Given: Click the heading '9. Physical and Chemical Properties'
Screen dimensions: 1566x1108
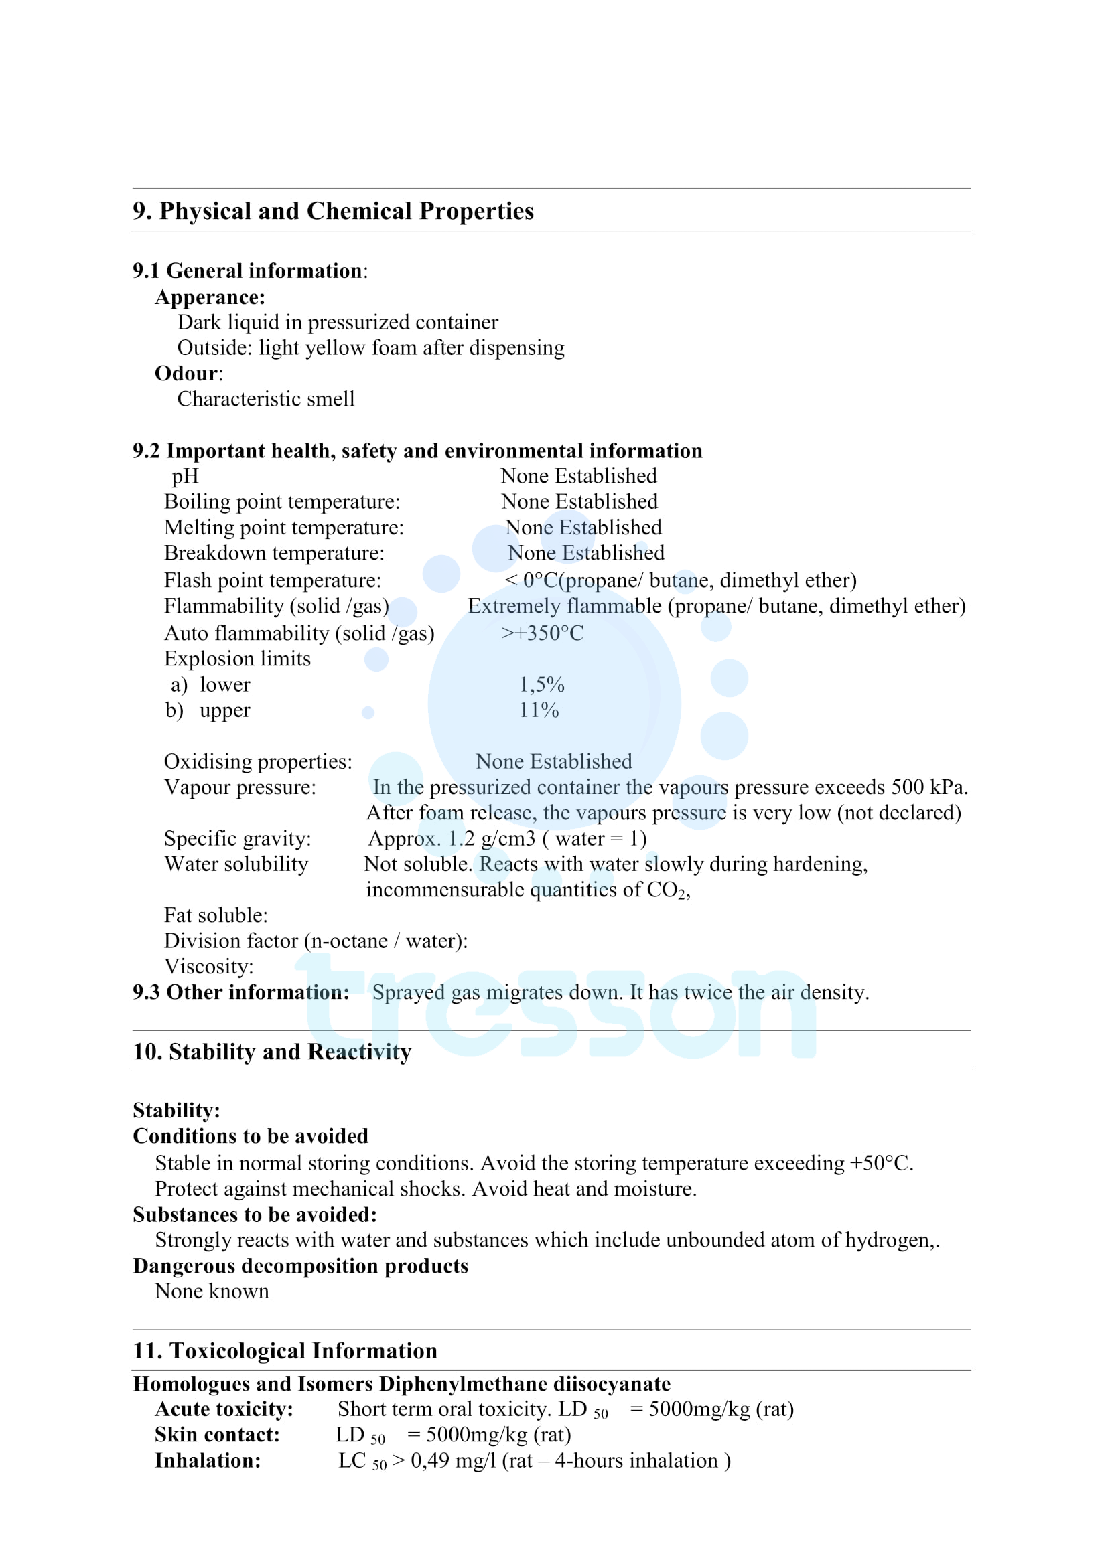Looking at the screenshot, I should click(x=333, y=211).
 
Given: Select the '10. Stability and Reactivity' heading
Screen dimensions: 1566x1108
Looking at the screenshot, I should click(x=272, y=1051).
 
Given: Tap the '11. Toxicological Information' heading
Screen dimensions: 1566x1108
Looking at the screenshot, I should click(x=285, y=1350).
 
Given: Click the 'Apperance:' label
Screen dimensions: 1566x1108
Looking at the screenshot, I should click(x=210, y=297).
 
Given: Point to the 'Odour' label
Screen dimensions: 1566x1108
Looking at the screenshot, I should click(x=186, y=374).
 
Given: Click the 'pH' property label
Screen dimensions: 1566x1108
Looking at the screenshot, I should click(x=185, y=476).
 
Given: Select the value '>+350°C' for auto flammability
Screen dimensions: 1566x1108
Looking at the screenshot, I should click(x=543, y=633).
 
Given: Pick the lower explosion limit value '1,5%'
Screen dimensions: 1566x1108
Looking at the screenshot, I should click(x=542, y=685).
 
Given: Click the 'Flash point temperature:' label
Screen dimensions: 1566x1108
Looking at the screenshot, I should click(x=272, y=580).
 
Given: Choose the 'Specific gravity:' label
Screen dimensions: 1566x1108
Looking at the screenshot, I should click(x=237, y=838).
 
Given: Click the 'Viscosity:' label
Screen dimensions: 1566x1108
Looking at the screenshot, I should click(x=209, y=967).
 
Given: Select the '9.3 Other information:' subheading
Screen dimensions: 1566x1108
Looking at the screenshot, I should click(x=241, y=992).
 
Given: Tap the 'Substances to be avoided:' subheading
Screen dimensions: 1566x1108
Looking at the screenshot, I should click(x=255, y=1215).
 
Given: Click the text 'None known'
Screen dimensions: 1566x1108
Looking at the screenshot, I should click(x=212, y=1291).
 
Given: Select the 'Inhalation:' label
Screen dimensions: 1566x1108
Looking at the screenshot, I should click(x=208, y=1460).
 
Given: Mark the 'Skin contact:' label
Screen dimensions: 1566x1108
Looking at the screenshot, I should click(x=217, y=1434).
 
